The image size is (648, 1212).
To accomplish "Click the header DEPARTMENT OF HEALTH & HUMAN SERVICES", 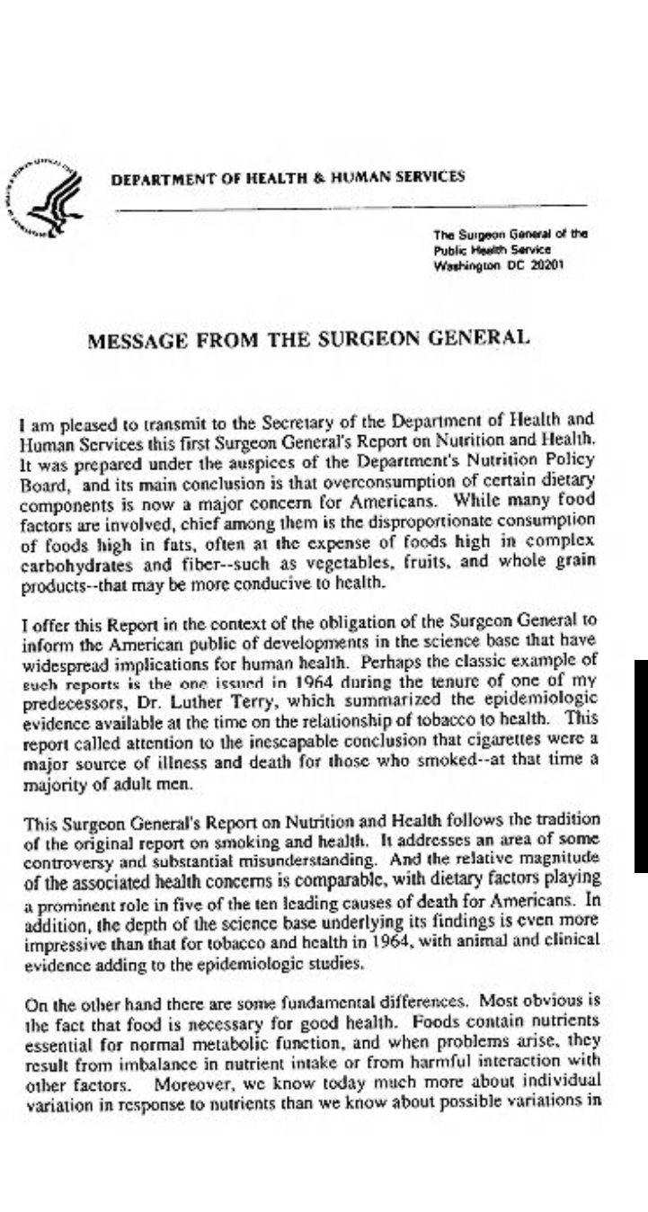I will [x=288, y=177].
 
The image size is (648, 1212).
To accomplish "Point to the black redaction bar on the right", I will [x=641, y=764].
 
